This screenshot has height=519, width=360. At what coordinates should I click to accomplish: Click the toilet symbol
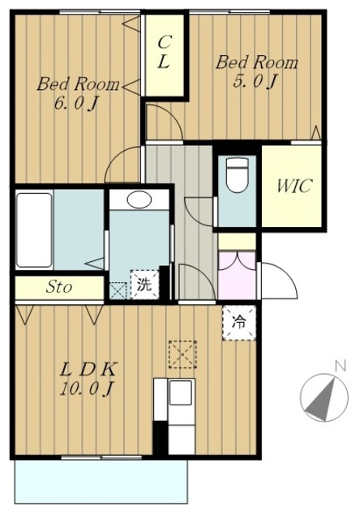pos(237,174)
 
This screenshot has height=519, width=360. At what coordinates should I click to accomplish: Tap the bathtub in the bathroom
pos(34,230)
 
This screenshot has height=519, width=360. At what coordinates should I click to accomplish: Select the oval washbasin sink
pos(139,200)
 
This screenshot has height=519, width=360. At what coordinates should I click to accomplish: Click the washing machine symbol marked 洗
pos(144,285)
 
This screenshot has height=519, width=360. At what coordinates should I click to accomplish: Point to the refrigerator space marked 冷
pos(239,323)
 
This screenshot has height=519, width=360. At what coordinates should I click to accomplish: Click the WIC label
pos(294,186)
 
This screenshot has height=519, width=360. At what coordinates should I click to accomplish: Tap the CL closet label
pos(164,52)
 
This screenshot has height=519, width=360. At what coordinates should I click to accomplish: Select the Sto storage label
pos(59,286)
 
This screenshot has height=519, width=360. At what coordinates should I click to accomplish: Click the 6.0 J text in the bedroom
pos(75,105)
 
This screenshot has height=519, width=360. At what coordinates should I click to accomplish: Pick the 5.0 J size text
pos(255,81)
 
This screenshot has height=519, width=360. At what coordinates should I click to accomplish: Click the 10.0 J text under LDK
pos(87,388)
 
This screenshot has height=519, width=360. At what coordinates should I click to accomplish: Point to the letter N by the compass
pos(341,366)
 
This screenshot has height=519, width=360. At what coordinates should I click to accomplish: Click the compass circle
pos(324,397)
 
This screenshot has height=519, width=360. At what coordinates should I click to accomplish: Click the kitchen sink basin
pos(180,392)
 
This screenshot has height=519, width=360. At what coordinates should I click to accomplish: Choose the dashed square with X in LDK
pos(182,354)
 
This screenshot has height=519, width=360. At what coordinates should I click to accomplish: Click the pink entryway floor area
pos(237,276)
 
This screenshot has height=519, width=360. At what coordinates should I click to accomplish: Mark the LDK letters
pos(88,370)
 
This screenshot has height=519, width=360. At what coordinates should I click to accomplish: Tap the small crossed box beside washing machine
pos(118,290)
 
